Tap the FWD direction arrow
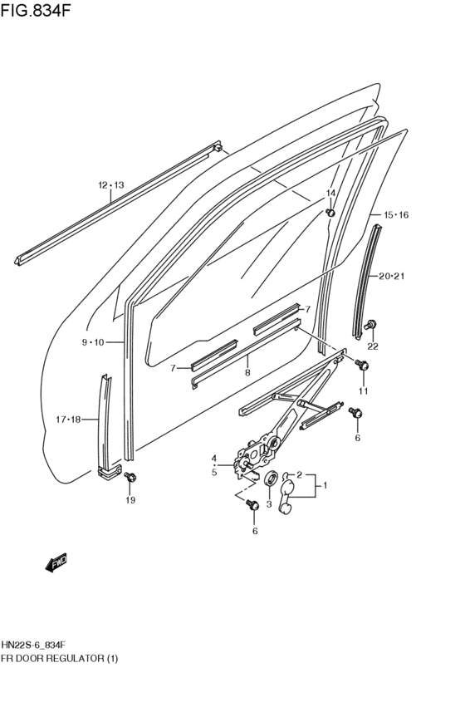56,564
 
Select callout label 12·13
110,185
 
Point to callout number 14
330,194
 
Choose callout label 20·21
394,277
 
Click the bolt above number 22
371,324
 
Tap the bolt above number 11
363,365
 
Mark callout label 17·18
69,420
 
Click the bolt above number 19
130,477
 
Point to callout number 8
247,373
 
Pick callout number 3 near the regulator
269,503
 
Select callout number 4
213,459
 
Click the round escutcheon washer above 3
270,479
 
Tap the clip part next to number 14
330,212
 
